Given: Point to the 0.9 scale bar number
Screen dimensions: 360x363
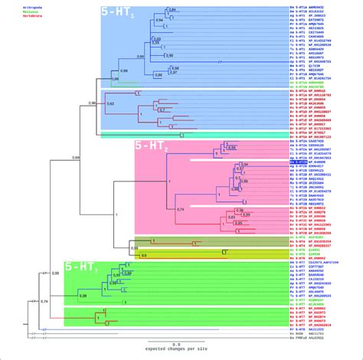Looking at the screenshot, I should click(176, 346).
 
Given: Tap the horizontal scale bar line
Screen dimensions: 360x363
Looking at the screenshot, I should click(176, 342).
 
